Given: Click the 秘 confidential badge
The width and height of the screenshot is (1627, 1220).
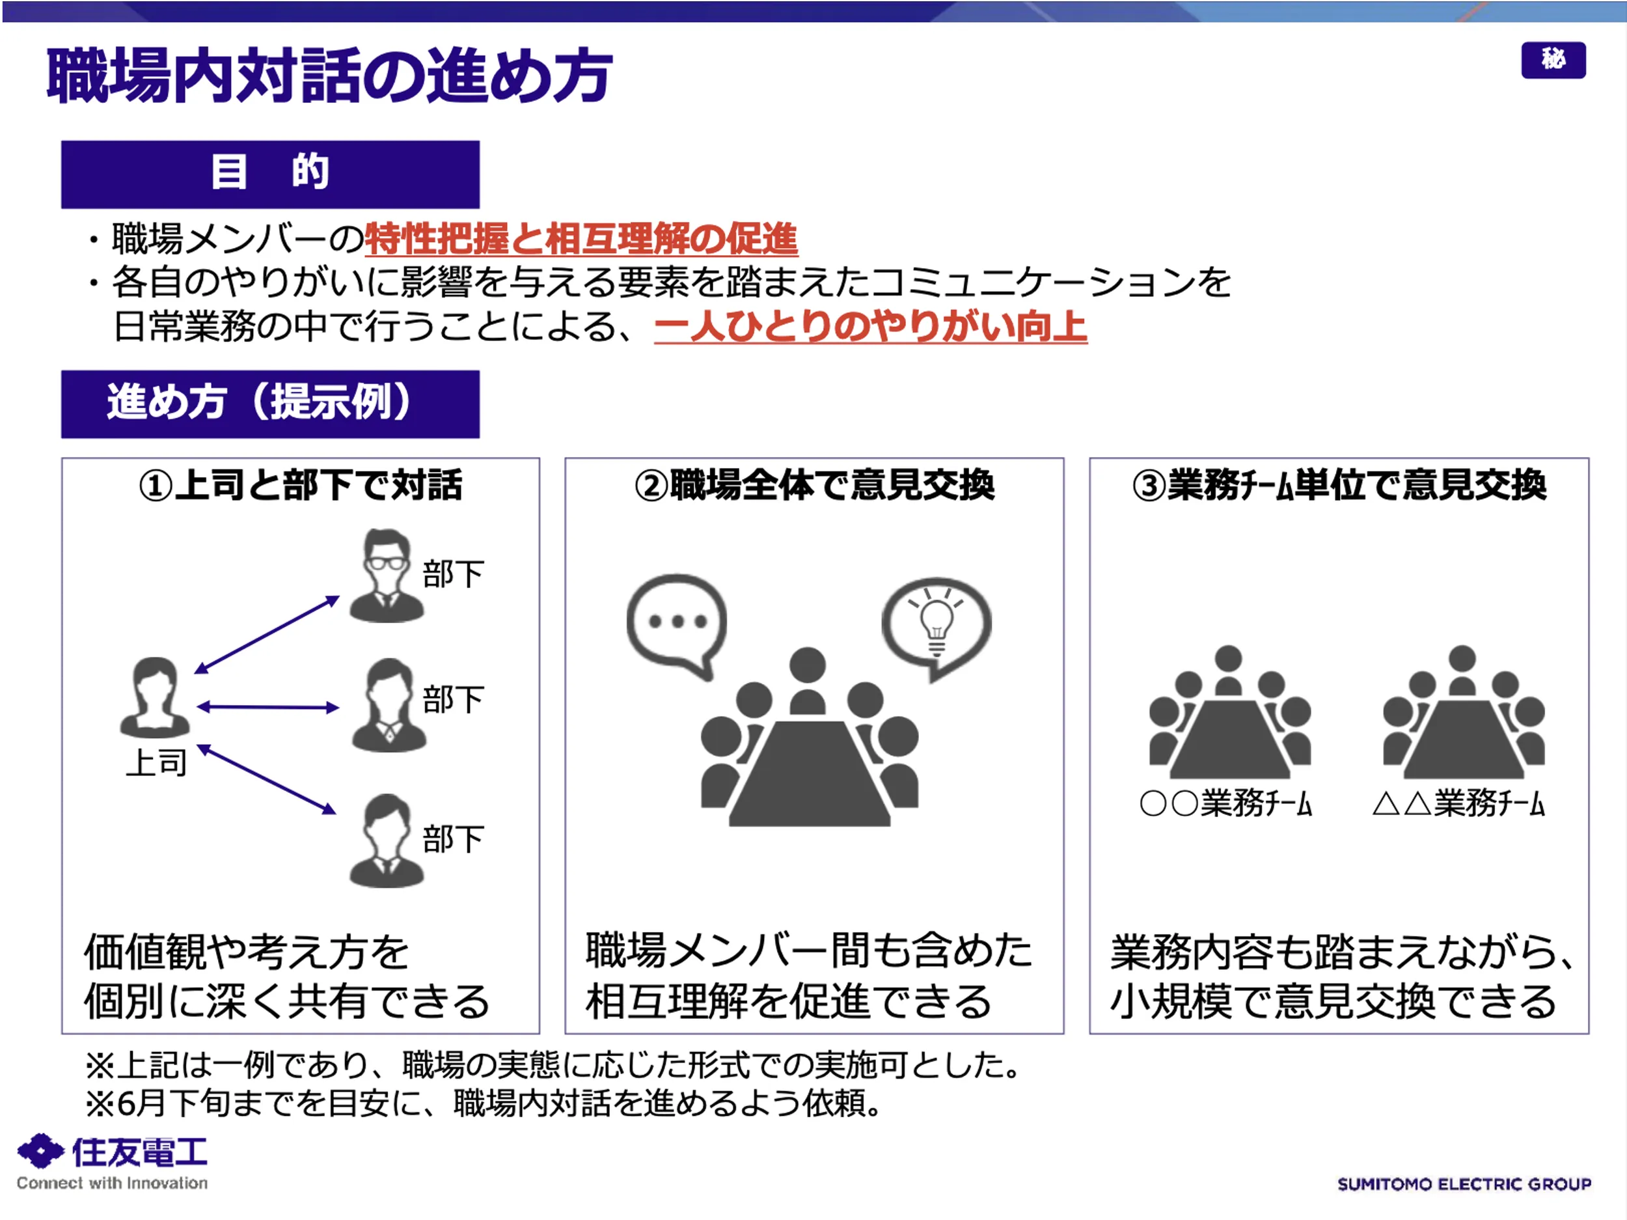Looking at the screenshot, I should tap(1553, 60).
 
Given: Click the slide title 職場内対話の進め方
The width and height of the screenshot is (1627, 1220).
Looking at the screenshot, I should tap(329, 75).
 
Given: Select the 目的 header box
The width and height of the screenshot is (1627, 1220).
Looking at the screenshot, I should tap(270, 174).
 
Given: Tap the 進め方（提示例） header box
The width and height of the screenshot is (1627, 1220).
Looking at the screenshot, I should tap(270, 404).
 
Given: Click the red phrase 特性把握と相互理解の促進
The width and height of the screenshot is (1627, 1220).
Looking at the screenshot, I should tap(581, 239).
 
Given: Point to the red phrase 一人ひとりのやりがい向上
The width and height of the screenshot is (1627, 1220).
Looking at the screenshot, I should tap(870, 327).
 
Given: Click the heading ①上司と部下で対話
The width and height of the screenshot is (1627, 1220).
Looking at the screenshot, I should tap(300, 485).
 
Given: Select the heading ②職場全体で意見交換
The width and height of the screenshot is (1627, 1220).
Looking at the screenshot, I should tap(814, 485).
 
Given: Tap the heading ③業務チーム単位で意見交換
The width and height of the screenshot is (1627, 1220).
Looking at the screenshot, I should tap(1339, 485).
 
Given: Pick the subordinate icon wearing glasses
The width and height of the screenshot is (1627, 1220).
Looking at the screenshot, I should tap(386, 575).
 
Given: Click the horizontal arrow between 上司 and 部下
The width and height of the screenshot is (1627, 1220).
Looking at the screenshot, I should tap(267, 707).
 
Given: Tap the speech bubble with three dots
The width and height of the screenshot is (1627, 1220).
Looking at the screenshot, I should tap(677, 624).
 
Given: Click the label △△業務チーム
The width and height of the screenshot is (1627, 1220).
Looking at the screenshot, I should tap(1458, 803).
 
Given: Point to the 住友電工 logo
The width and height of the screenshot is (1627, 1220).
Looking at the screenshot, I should tap(112, 1152).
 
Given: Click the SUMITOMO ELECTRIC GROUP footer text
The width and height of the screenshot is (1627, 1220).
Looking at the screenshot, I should tap(1464, 1184).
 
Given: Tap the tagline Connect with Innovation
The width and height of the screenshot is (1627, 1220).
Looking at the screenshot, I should tap(112, 1183).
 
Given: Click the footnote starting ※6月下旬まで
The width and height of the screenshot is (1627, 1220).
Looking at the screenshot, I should tap(484, 1103).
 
